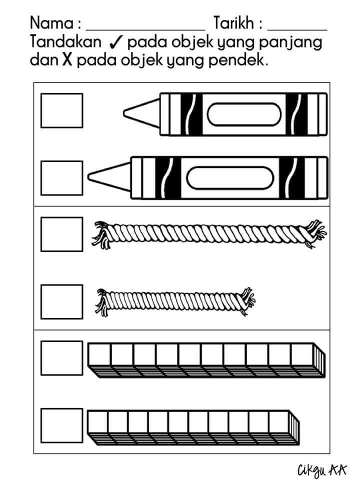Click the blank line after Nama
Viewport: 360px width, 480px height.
click(x=145, y=30)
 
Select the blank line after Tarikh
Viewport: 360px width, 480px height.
click(x=297, y=30)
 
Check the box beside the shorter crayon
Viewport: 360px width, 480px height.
click(x=62, y=110)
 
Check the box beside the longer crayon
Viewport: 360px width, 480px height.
click(x=62, y=178)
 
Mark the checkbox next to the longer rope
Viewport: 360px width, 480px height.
click(x=62, y=234)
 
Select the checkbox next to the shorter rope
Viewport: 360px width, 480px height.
click(x=62, y=302)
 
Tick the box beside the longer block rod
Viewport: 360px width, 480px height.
click(x=62, y=358)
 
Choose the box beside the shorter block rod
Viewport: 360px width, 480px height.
click(x=62, y=425)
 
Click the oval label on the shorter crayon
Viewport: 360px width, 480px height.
click(x=244, y=114)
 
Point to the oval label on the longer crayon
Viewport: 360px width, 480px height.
click(x=230, y=178)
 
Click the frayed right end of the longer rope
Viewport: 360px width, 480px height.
click(x=314, y=234)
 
